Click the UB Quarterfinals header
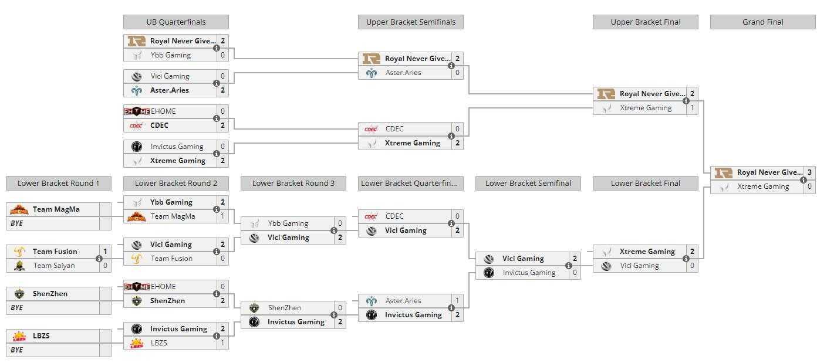pyautogui.click(x=175, y=22)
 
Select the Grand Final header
pyautogui.click(x=763, y=22)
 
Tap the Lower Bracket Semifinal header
pyautogui.click(x=528, y=184)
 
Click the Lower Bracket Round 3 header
pyautogui.click(x=293, y=184)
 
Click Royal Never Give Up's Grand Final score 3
pyautogui.click(x=809, y=172)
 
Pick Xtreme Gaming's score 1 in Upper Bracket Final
pyautogui.click(x=692, y=108)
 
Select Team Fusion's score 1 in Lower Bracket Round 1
pyautogui.click(x=105, y=251)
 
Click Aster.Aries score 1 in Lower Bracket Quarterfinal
pyautogui.click(x=457, y=301)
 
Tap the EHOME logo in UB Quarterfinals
pyautogui.click(x=137, y=111)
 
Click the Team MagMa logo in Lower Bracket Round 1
pyautogui.click(x=19, y=209)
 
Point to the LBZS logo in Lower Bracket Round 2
pyautogui.click(x=137, y=343)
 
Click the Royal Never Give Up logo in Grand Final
pyautogui.click(x=723, y=172)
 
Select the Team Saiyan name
pyautogui.click(x=54, y=266)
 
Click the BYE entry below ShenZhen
pyautogui.click(x=16, y=308)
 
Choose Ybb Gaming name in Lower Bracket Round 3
pyautogui.click(x=288, y=223)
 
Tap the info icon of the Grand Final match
pyautogui.click(x=804, y=180)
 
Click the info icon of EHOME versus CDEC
pyautogui.click(x=217, y=118)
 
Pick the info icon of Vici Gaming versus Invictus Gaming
pyautogui.click(x=569, y=266)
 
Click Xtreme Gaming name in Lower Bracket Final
pyautogui.click(x=647, y=252)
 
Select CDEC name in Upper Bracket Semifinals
pyautogui.click(x=394, y=129)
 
